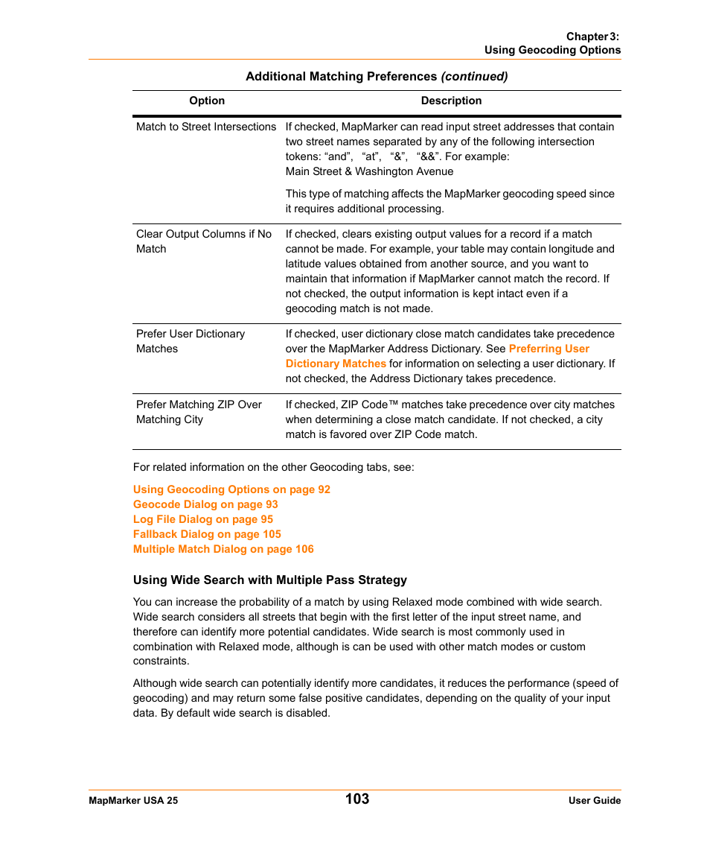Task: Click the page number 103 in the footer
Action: coord(357,799)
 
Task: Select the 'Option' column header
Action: coord(207,101)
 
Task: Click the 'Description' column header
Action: coord(451,101)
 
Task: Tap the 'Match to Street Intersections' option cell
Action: coord(206,127)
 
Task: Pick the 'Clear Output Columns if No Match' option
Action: coord(203,241)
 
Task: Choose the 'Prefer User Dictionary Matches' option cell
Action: coord(191,341)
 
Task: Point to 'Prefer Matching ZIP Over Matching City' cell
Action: coord(199,412)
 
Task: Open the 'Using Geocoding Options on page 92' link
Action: coord(231,489)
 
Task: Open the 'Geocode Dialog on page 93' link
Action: coord(205,504)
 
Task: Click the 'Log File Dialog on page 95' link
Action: coord(203,519)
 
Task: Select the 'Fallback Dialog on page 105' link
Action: coord(207,534)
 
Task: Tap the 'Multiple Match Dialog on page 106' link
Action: coord(223,549)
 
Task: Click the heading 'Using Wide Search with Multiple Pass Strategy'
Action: coord(270,580)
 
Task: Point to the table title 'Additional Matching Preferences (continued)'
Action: coord(377,76)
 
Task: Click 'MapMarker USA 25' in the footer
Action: coord(133,801)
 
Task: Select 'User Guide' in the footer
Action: coord(595,801)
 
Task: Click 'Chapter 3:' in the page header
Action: coord(592,36)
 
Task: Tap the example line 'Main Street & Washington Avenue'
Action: coord(369,171)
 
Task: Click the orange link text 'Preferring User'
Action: coord(549,349)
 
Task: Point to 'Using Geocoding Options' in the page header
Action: coord(552,50)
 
